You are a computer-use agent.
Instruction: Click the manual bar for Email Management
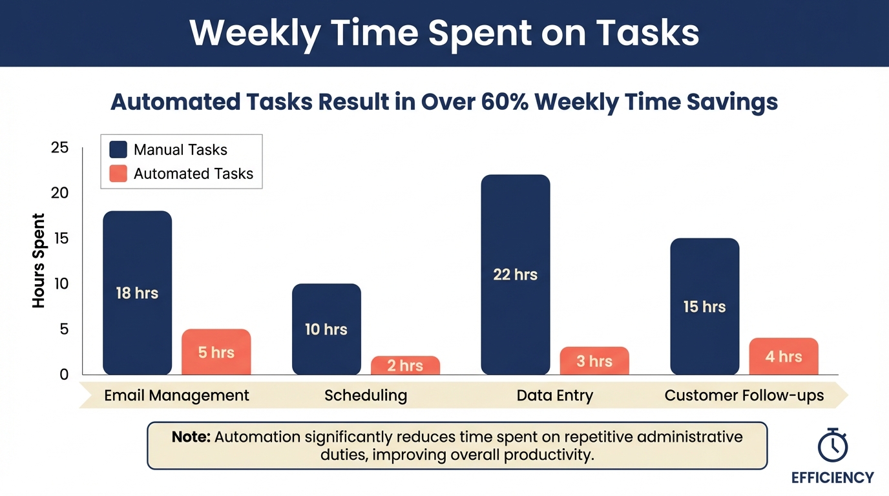(x=137, y=293)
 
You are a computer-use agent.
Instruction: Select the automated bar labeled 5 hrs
(x=216, y=352)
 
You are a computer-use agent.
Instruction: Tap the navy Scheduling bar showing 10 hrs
(x=326, y=329)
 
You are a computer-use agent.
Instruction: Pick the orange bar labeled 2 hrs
(x=405, y=366)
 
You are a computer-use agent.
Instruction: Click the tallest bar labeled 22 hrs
(x=516, y=274)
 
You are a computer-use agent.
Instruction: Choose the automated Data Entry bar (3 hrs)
(x=594, y=360)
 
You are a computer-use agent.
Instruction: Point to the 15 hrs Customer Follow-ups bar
(x=704, y=306)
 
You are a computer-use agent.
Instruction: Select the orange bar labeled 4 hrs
(x=783, y=356)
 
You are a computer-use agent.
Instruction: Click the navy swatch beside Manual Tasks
(x=118, y=150)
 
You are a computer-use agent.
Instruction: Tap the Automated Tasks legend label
(x=193, y=174)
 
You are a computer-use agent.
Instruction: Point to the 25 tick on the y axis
(x=59, y=148)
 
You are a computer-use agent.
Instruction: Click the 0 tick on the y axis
(x=63, y=375)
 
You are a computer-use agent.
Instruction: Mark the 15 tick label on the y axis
(x=59, y=238)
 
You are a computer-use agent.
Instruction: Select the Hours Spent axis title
(x=39, y=260)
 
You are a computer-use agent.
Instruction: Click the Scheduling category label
(x=366, y=395)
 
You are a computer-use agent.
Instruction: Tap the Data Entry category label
(x=554, y=395)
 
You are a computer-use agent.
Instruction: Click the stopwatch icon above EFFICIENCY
(x=832, y=444)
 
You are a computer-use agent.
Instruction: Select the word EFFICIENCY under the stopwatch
(x=832, y=478)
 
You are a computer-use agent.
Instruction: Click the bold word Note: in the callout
(x=191, y=437)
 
